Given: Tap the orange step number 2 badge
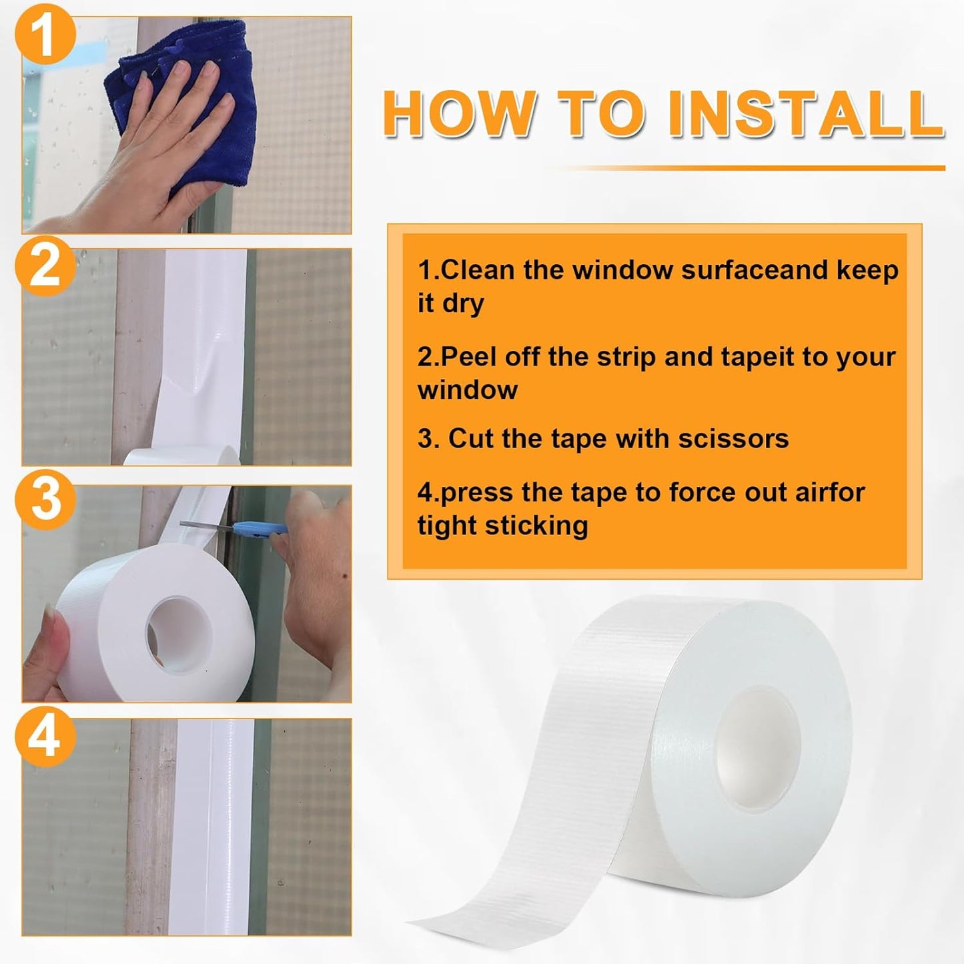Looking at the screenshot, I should click(45, 268).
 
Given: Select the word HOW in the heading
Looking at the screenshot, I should click(460, 113).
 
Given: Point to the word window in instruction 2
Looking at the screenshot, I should click(468, 390).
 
